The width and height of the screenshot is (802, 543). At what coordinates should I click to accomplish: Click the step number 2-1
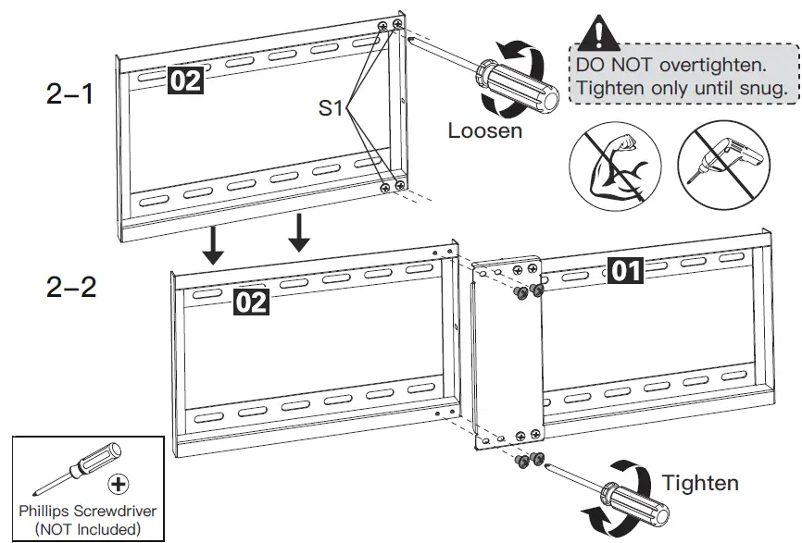point(69,93)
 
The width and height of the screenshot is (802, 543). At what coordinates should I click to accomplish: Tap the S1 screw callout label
point(332,109)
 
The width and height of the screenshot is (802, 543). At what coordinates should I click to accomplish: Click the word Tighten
point(700,482)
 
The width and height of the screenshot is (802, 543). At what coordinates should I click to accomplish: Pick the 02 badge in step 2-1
point(183,80)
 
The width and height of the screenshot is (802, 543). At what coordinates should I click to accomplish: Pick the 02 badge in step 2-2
point(251,301)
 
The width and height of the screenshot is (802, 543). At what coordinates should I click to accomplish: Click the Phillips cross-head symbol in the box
point(118,483)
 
